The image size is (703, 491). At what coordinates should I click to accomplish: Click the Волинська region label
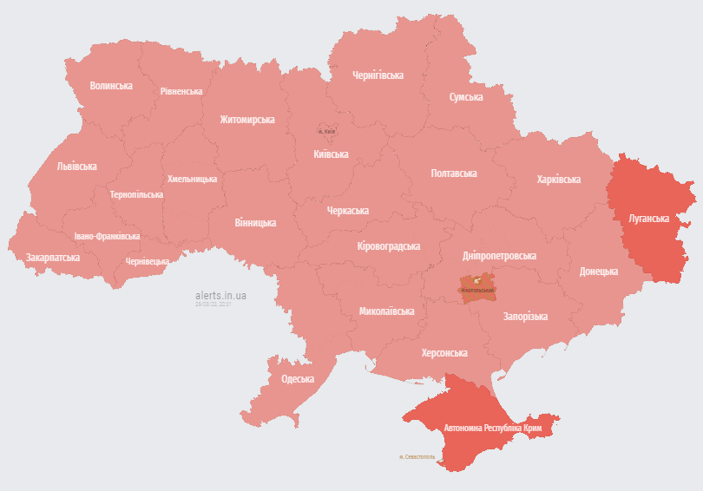coord(111,86)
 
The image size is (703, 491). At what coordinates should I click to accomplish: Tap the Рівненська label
coord(181,91)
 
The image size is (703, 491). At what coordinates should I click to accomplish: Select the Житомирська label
coord(246,120)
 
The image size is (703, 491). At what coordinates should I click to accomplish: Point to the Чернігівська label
coord(378,75)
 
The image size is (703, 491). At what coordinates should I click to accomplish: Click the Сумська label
coord(466,96)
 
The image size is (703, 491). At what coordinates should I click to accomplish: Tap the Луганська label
coord(649,219)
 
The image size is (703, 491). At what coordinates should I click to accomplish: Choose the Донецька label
coord(598,271)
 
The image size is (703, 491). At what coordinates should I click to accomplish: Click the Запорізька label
coord(525,317)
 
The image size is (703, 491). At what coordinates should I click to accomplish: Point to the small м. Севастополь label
coord(417,456)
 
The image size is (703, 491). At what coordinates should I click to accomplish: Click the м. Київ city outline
coord(327,132)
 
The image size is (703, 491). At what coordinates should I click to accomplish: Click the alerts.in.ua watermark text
coord(220,295)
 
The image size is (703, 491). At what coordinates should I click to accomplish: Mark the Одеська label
coord(297,379)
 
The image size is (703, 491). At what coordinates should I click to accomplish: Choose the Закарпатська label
coord(53,258)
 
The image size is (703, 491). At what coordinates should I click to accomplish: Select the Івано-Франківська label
coord(107,236)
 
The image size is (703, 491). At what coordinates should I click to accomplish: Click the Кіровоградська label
coord(388,246)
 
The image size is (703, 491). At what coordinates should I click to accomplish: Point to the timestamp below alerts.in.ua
coord(214,304)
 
